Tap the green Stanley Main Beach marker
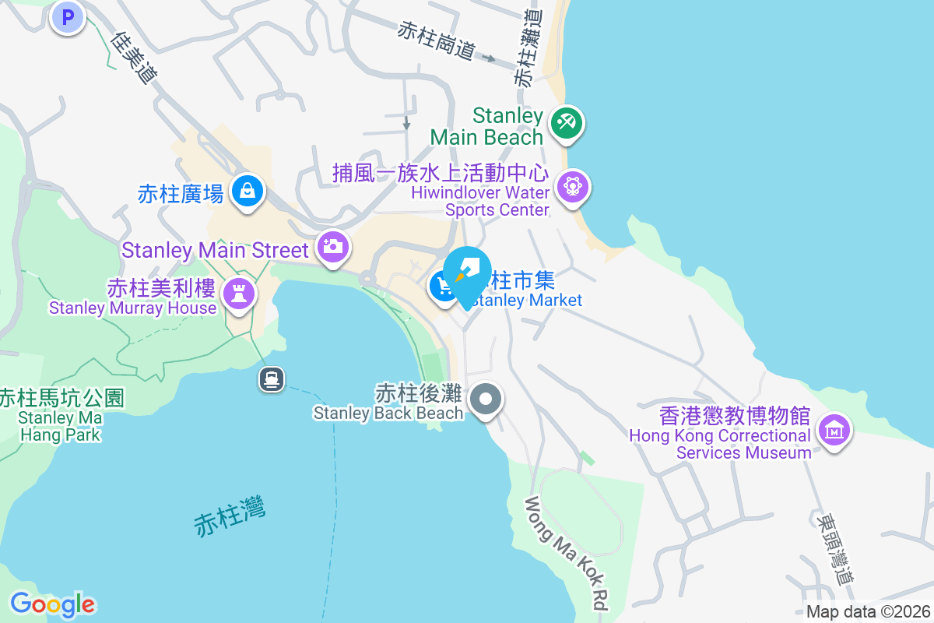tap(567, 123)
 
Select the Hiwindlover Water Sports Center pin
tap(573, 187)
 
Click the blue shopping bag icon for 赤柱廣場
tap(247, 190)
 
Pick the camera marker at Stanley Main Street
tap(332, 248)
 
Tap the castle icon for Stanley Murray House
tap(238, 294)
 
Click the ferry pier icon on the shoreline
tap(272, 380)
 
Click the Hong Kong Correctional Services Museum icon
tap(834, 429)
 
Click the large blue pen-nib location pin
tap(467, 271)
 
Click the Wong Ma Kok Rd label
tap(567, 554)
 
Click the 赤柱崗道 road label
tap(436, 41)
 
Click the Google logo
tap(52, 604)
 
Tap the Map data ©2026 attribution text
tap(868, 612)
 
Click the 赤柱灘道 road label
tap(527, 48)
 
